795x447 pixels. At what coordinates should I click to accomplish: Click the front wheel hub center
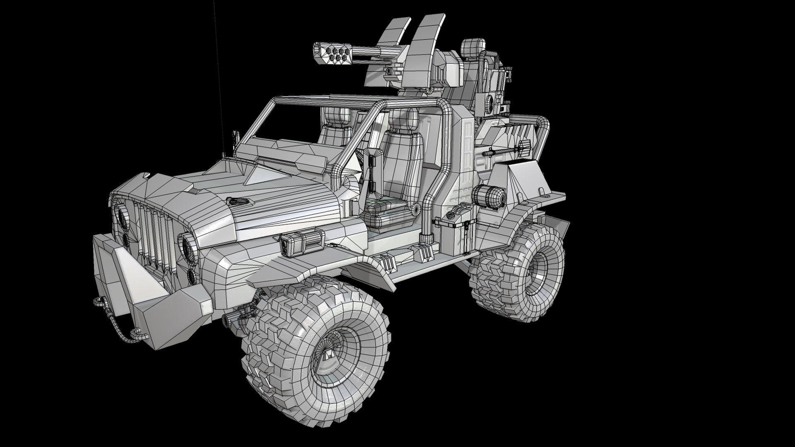click(329, 355)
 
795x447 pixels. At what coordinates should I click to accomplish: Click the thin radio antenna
click(218, 62)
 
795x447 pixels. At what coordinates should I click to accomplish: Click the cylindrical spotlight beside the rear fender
click(489, 197)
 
